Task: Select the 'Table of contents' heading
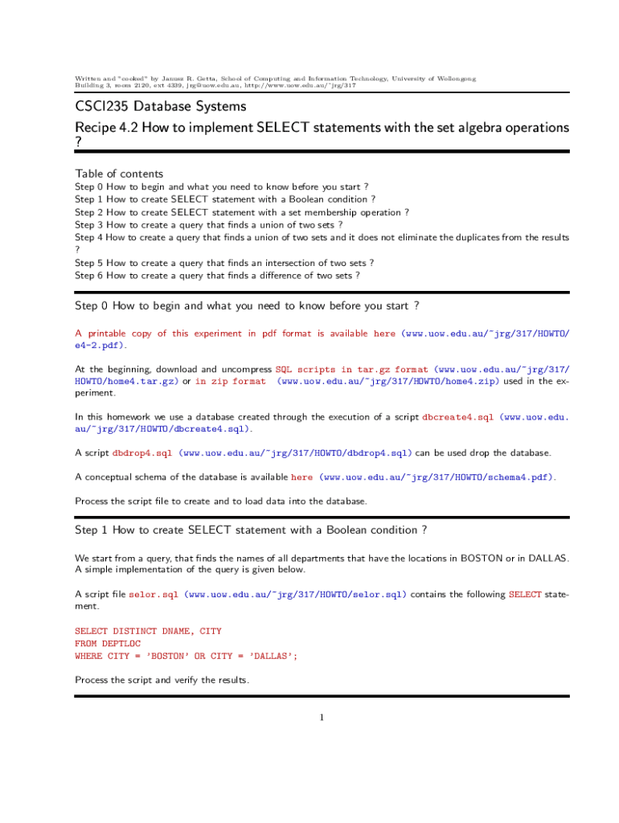pos(119,174)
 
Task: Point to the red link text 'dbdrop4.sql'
pos(142,453)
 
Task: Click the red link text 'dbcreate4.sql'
pos(457,417)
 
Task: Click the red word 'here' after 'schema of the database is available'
pos(301,477)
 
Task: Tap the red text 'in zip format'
pos(230,382)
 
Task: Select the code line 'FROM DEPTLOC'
pos(107,644)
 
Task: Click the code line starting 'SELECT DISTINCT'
pos(148,632)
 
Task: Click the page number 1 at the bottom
pos(321,718)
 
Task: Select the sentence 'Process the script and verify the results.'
pos(162,680)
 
